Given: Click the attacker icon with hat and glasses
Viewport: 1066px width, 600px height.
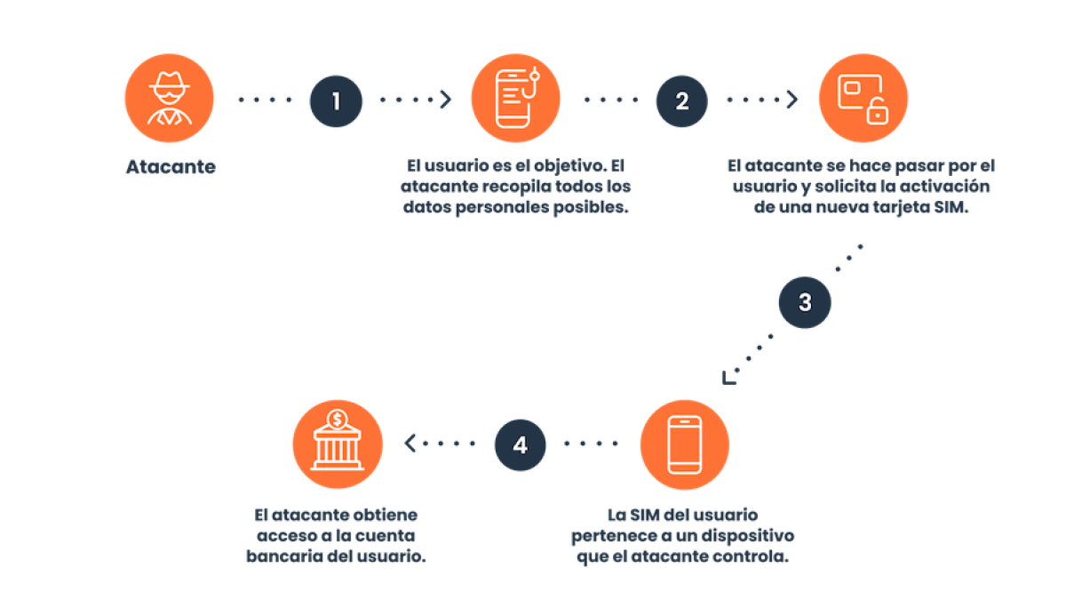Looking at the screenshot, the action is coord(169,98).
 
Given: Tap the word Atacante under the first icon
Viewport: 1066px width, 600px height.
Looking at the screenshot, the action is coord(171,167).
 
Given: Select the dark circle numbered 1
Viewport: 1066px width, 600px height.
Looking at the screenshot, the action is coord(336,101).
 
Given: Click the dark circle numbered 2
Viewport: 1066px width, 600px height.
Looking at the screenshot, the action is coord(681,101).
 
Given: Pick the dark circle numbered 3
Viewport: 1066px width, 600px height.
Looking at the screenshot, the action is coord(805,302).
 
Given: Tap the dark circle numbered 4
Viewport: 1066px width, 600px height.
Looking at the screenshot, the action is coord(521,444).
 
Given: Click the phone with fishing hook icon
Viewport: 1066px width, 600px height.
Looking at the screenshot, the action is coord(515,98).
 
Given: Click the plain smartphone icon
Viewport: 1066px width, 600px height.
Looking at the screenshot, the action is coord(684,444).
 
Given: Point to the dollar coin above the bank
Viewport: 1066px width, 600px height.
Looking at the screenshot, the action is coord(338,420).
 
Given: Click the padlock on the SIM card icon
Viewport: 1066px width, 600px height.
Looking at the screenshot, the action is coord(877,111).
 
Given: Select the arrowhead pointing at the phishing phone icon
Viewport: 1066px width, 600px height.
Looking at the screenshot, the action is coord(446,100).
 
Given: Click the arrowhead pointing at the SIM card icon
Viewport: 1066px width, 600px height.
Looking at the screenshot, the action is coord(792,100).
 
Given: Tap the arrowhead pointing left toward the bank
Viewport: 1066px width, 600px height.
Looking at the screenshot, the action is coord(410,444).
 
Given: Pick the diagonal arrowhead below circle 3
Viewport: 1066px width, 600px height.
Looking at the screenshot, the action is coord(728,378).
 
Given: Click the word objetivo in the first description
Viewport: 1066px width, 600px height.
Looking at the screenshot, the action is coord(569,166).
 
